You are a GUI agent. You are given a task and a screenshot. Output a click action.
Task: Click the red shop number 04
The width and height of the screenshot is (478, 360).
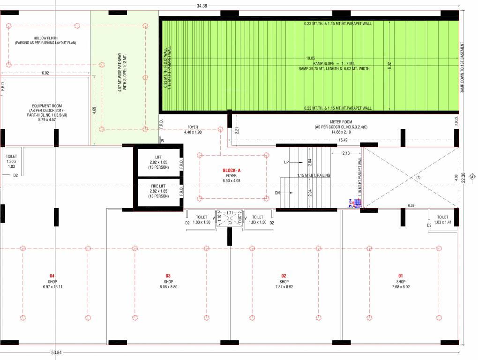tap(52, 276)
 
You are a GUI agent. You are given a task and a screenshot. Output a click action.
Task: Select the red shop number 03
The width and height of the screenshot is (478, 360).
tap(168, 276)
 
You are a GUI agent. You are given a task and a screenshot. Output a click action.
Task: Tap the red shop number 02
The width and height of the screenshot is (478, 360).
tap(284, 276)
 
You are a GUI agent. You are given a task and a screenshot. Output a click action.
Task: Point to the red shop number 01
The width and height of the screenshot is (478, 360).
tap(400, 276)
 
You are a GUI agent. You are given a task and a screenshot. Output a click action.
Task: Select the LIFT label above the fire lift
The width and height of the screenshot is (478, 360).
tap(158, 157)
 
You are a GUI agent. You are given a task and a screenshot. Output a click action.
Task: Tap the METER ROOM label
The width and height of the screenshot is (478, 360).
tap(341, 122)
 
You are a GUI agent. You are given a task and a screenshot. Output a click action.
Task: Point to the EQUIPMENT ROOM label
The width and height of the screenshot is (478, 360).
tap(47, 106)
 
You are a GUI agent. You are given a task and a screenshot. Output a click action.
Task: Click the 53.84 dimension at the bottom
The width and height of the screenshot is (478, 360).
tap(56, 352)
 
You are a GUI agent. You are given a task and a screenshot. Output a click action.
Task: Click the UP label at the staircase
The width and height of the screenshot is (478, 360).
tap(287, 162)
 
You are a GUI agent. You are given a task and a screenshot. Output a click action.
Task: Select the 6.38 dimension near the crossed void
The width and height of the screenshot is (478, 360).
tap(411, 205)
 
